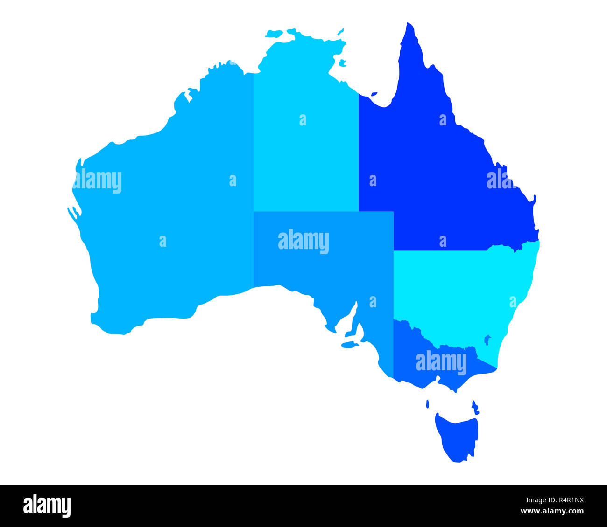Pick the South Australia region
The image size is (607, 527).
pos(327,266)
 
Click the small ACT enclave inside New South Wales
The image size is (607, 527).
pos(487,339)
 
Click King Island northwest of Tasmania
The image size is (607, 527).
pos(428,403)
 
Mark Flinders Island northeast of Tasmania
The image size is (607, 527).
pos(475,407)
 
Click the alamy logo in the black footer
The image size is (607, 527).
pos(47,506)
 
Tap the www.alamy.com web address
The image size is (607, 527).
pos(552,512)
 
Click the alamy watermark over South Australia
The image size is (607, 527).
pos(303,241)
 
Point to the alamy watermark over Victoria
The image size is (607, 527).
pos(441,362)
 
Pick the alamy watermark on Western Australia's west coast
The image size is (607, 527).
pos(98,181)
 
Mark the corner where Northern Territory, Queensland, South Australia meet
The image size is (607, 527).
pos(359,211)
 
